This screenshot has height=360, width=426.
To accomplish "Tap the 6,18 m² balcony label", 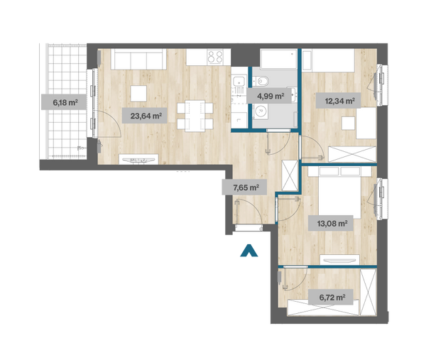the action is (64, 102).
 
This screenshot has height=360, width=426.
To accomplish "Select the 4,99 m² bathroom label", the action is (271, 96).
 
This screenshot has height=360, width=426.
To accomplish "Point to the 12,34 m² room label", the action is (338, 101).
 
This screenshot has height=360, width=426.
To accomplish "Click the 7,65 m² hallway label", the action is (244, 187).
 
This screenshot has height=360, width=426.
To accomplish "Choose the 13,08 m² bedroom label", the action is (331, 224).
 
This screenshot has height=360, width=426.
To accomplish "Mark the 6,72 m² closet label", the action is (331, 298).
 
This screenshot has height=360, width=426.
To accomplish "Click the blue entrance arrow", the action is (249, 251).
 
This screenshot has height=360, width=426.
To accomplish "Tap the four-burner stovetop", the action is (215, 57).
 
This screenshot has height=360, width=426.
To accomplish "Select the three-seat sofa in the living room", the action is (138, 59).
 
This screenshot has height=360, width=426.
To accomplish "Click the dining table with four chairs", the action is (195, 116).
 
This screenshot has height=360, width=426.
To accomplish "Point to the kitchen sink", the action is (239, 82).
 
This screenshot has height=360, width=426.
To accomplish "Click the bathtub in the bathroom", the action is (278, 59).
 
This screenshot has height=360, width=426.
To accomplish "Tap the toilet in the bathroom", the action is (261, 81).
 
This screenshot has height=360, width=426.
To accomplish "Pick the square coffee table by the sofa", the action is (138, 94).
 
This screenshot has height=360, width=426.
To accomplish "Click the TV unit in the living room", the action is (138, 159).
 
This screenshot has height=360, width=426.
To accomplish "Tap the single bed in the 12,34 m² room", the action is (329, 60).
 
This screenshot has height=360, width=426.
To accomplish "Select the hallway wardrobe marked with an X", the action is (290, 175).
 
